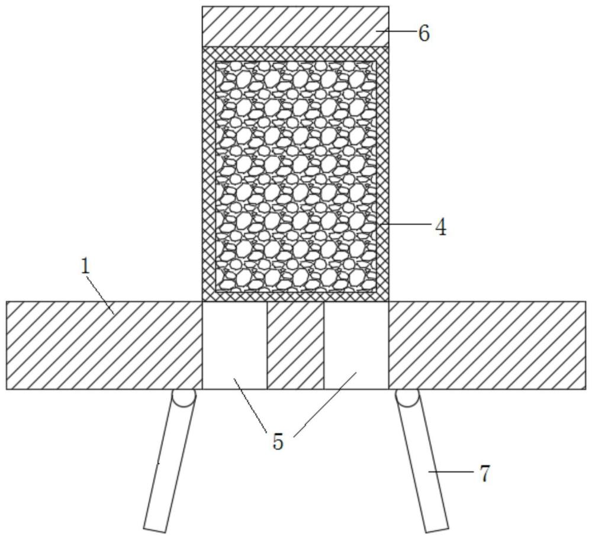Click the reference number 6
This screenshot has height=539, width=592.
click(423, 34)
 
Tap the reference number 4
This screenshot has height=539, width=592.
click(440, 227)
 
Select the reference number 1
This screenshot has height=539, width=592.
click(86, 266)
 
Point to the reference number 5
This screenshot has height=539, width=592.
click(278, 441)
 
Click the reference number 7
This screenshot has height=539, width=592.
click(485, 474)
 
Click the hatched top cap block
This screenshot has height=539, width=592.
click(295, 27)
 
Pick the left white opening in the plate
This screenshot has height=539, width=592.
click(234, 345)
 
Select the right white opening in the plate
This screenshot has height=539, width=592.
click(356, 345)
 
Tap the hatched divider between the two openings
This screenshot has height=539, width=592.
click(295, 345)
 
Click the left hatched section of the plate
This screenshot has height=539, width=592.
click(104, 345)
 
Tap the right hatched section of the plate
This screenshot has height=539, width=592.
click(487, 345)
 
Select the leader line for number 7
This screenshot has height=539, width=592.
click(451, 472)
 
